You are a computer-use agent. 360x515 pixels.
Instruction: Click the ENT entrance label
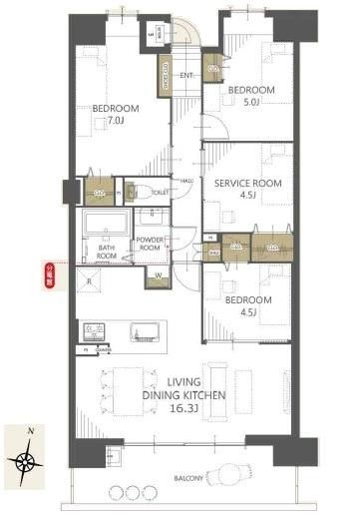pos(185,74)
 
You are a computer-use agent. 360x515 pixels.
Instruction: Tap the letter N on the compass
pos(32,430)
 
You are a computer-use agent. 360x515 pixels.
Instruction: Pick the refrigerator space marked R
pos(90,281)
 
